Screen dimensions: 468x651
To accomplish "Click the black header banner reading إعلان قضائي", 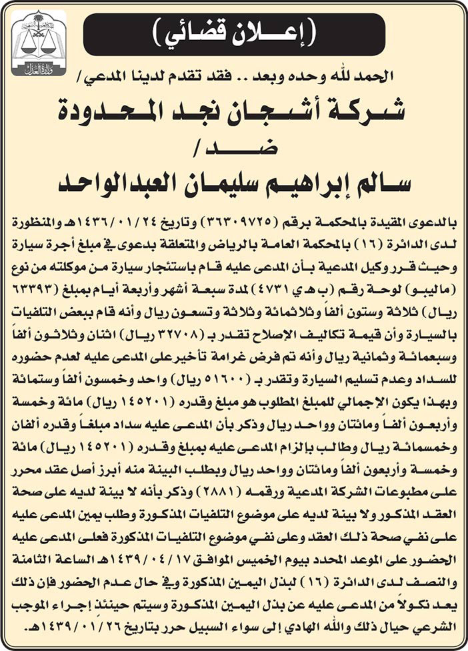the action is (x=234, y=34).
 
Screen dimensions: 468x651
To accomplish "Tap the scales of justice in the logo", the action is (x=39, y=42).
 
